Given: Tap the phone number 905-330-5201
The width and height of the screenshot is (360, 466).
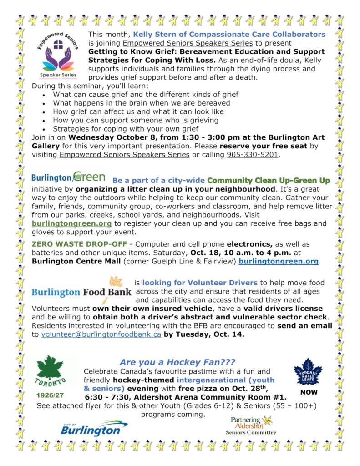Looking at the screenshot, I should tap(252, 155).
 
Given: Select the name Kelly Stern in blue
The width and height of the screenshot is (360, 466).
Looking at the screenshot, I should tap(154, 34).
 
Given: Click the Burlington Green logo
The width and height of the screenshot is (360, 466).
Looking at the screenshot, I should tap(68, 177).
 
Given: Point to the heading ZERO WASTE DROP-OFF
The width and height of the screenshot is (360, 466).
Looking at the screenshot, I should tap(80, 244).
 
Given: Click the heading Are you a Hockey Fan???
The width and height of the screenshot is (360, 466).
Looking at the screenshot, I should tap(177, 362).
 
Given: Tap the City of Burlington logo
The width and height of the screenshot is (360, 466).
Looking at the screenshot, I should tap(94, 428).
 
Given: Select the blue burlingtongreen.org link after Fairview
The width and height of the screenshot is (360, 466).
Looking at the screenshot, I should tap(279, 261).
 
